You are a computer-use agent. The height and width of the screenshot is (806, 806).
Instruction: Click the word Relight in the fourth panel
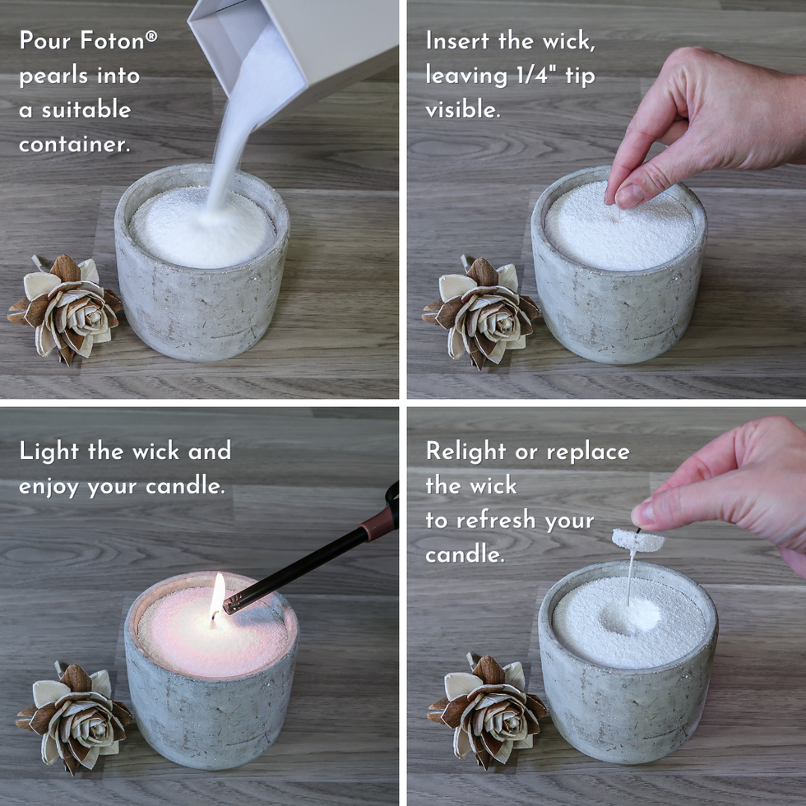coord(466,452)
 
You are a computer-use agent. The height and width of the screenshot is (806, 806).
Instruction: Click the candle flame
coord(217,591)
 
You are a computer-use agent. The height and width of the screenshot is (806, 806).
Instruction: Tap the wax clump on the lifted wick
coord(638,540)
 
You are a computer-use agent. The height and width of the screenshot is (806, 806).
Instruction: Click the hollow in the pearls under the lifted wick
coord(630,614)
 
